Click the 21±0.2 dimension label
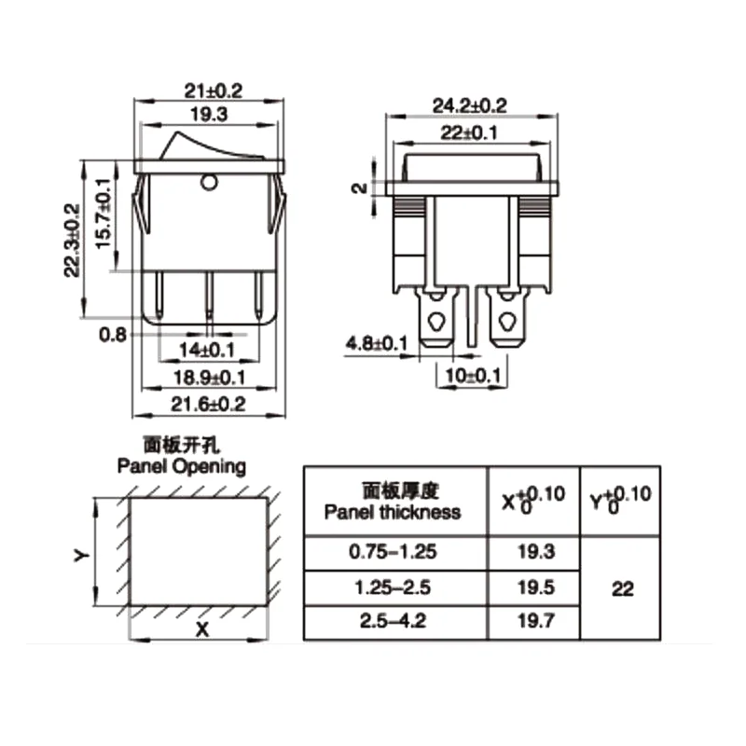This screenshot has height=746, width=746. click(210, 90)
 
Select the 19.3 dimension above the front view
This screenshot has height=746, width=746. click(210, 115)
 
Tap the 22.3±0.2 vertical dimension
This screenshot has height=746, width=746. click(72, 242)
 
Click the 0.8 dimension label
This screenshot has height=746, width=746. click(112, 334)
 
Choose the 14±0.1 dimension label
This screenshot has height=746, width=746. click(206, 351)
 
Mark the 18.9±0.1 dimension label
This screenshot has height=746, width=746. click(209, 379)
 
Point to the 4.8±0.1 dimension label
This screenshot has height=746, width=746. click(377, 344)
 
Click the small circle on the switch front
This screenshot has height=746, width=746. click(209, 182)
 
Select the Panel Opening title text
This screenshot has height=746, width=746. click(181, 465)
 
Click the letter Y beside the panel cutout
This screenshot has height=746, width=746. click(80, 555)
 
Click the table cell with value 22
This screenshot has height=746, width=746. click(622, 589)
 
